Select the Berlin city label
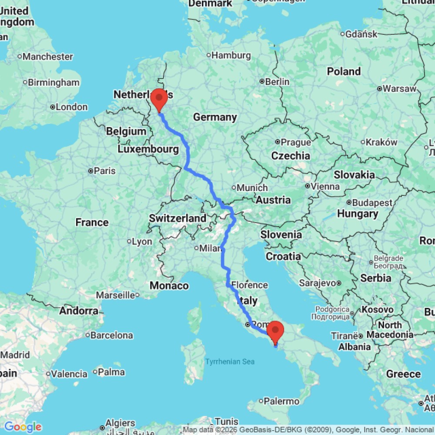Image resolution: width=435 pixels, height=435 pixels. tap(277, 82)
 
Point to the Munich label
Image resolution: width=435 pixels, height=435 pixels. tap(252, 188)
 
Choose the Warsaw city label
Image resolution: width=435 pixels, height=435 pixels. tap(397, 89)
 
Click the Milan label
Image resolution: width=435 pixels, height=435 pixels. tap(210, 248)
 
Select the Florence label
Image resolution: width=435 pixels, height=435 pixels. tap(249, 285)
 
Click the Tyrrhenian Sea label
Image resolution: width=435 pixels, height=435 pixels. tap(230, 362)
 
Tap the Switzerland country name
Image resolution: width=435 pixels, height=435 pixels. tap(177, 218)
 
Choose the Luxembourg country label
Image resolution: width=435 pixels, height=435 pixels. tap(148, 150)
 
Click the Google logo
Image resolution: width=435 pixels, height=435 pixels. tap(23, 427)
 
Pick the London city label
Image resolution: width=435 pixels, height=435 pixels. tap(72, 107)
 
